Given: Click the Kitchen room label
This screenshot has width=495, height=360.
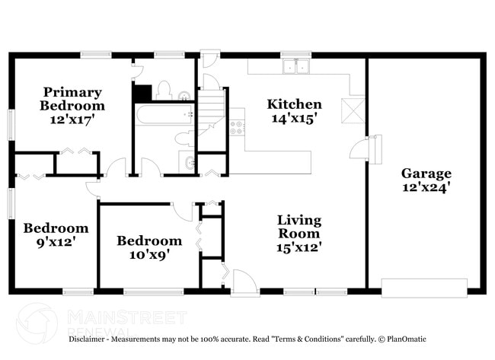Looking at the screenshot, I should [x=294, y=104].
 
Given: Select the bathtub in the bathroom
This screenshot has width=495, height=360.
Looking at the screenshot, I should [x=164, y=116].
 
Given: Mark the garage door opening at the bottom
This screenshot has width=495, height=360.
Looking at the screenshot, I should [x=424, y=288].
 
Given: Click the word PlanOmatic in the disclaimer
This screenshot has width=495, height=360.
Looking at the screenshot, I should [x=404, y=339].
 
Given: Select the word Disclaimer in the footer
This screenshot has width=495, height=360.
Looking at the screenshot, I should [x=91, y=339].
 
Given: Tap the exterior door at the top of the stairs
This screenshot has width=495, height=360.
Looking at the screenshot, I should [x=209, y=59].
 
